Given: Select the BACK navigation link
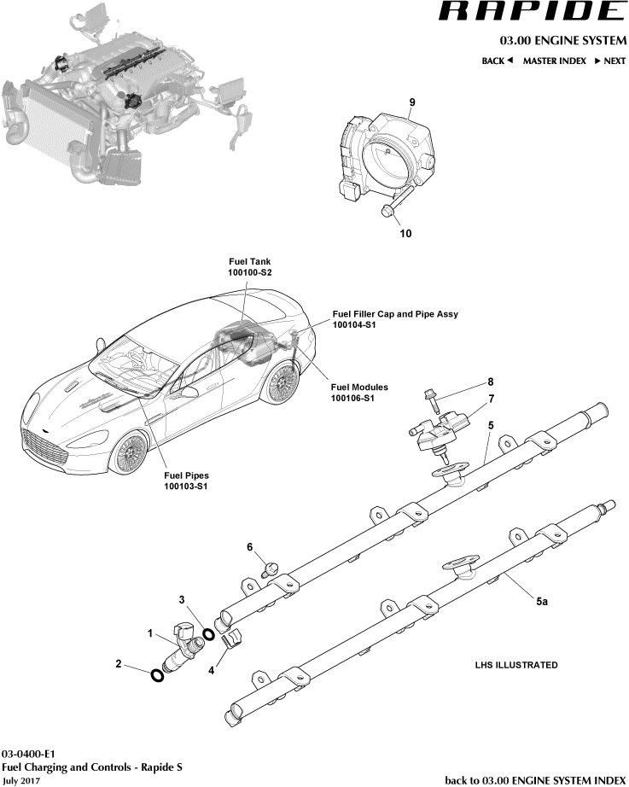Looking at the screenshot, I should click(x=497, y=61).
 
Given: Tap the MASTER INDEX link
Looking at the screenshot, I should click(x=554, y=61).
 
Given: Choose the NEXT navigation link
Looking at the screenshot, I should click(x=610, y=61).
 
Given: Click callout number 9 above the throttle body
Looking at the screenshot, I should click(x=411, y=102).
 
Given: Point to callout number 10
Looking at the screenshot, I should click(x=405, y=232).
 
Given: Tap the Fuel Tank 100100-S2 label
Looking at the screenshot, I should click(x=249, y=266).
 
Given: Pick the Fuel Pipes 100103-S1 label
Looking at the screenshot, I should click(x=186, y=481).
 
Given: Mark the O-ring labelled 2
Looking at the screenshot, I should click(x=157, y=676).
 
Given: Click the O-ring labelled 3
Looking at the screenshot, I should click(x=208, y=635).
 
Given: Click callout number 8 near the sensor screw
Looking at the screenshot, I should click(x=490, y=382).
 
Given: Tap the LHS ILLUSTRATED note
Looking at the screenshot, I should click(x=516, y=665).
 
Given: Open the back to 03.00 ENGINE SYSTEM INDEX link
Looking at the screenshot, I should click(x=535, y=780).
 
